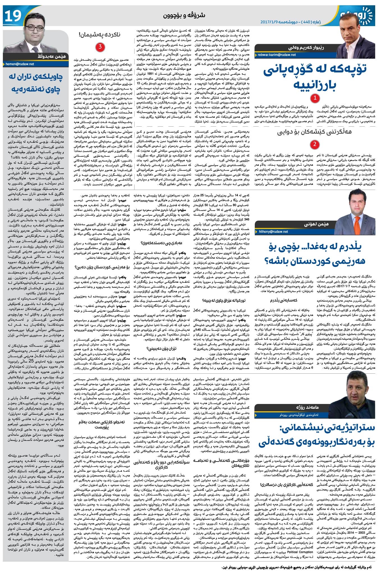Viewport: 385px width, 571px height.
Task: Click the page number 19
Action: tap(12, 16)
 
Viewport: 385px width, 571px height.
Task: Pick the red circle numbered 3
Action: tap(100, 47)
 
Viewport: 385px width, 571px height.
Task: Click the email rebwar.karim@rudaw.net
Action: tap(274, 55)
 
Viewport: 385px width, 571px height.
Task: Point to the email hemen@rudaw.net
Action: tap(20, 64)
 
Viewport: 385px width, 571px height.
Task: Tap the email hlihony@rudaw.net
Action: tap(272, 232)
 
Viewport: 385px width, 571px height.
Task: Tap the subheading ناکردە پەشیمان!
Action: tap(100, 35)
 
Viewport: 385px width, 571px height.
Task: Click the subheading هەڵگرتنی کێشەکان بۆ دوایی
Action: tap(314, 132)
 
